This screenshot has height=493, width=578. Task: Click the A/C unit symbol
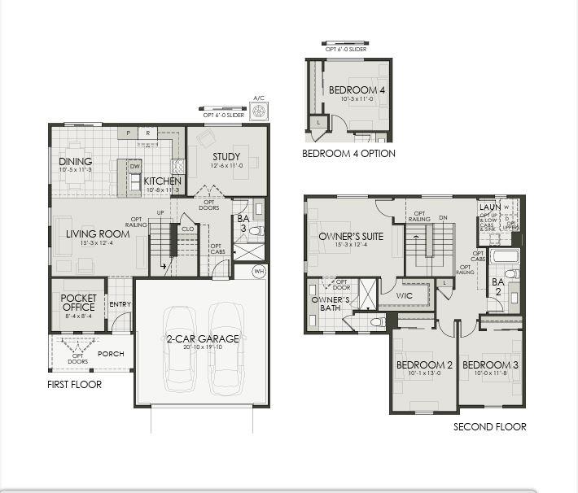pos(261,111)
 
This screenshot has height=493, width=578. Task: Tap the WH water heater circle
pos(259,271)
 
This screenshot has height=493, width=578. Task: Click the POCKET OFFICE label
pos(79,303)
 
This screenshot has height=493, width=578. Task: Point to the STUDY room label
pos(226,157)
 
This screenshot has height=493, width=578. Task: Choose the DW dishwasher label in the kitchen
pos(135,165)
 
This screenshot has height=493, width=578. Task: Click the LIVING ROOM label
pos(98,234)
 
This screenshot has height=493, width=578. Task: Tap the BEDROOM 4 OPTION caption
pos(348,153)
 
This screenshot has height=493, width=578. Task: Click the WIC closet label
pos(404,295)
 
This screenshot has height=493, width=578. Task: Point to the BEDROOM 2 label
pos(423,364)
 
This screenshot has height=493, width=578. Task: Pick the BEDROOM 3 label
pos(490,364)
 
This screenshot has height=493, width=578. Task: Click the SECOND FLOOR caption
pos(489,426)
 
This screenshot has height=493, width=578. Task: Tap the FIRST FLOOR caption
pos(74,384)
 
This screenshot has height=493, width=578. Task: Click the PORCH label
pos(111,354)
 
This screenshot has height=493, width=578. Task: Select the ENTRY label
pos(120,304)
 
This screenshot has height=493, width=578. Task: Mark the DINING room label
pos(76,161)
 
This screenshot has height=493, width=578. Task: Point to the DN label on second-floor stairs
pos(443,217)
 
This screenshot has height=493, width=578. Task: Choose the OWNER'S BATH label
pos(331,303)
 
